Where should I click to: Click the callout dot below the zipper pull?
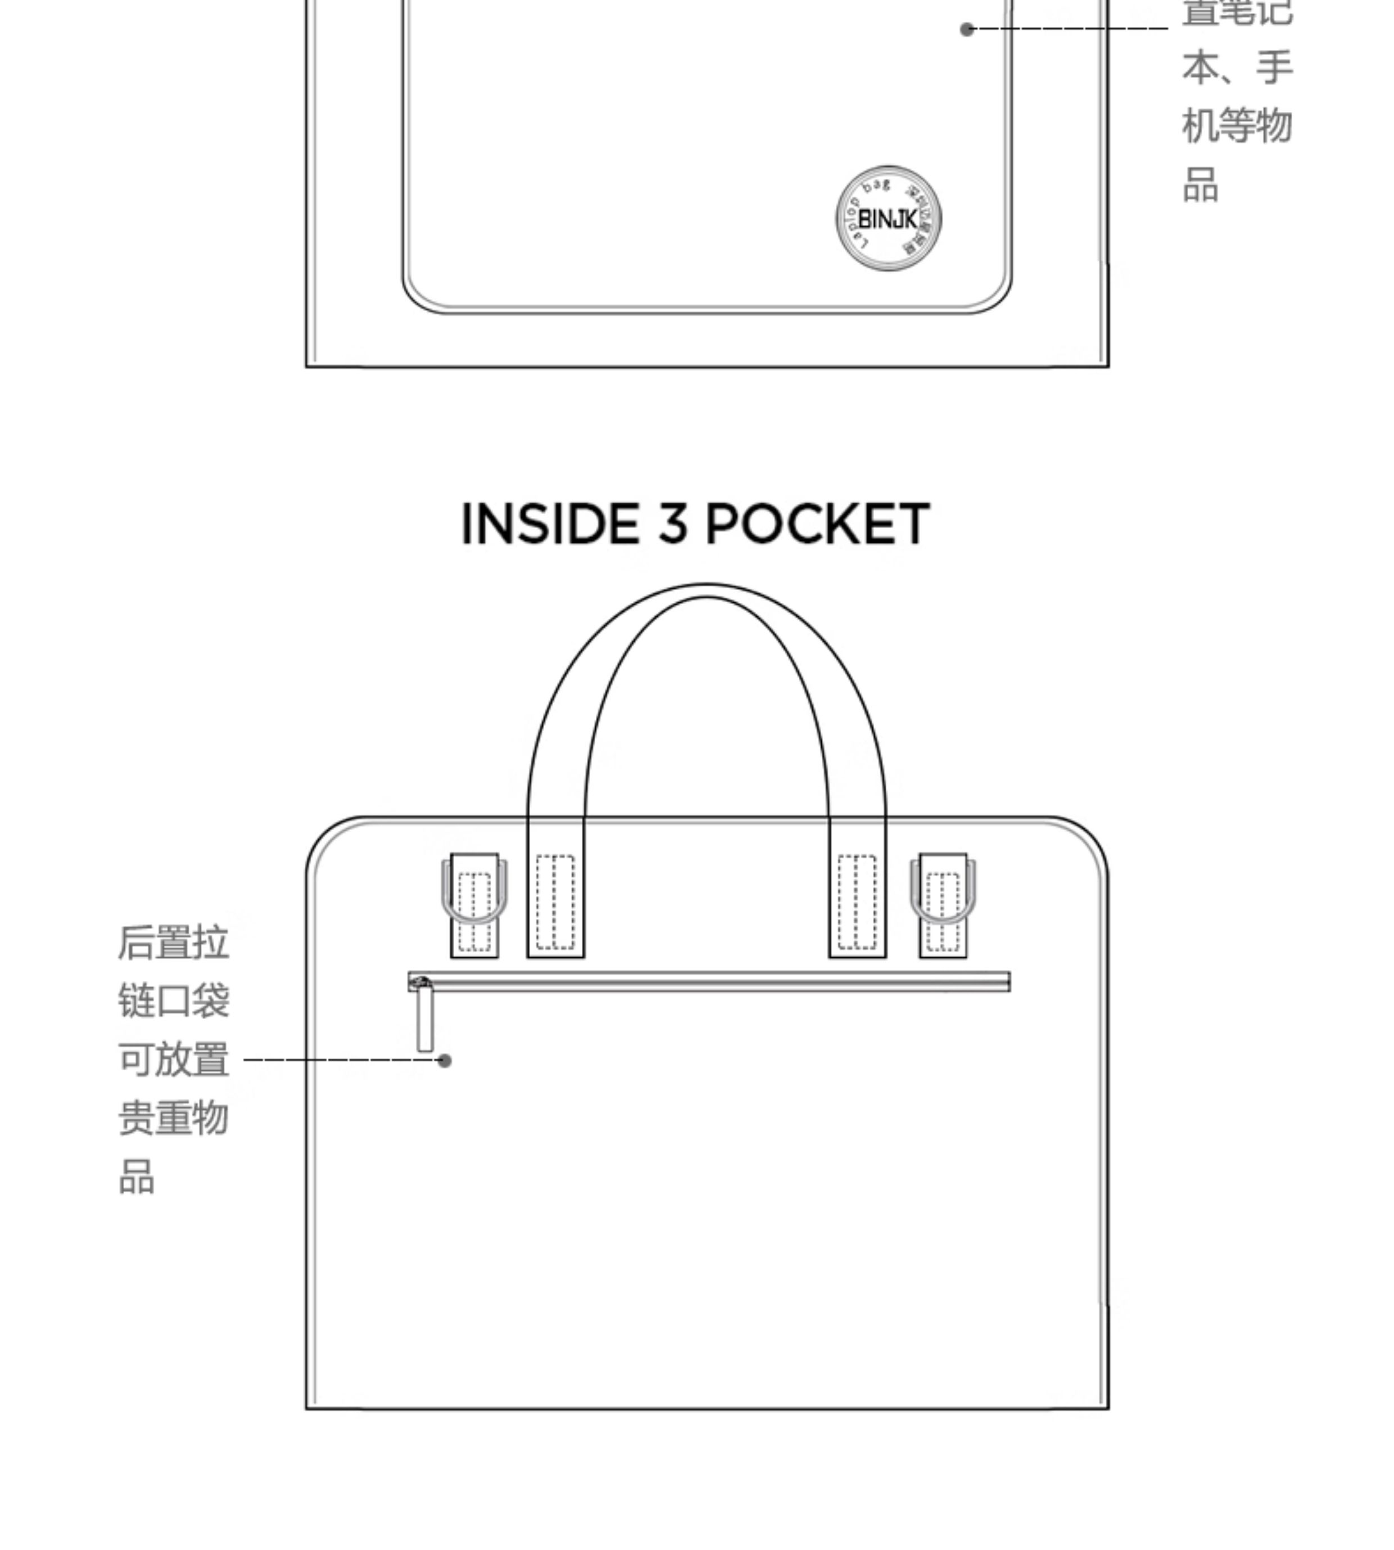pyautogui.click(x=444, y=1060)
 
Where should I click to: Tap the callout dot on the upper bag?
pyautogui.click(x=967, y=29)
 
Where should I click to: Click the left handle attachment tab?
pyautogui.click(x=555, y=904)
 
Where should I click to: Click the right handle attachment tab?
pyautogui.click(x=857, y=904)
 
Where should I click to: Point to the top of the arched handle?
pyautogui.click(x=706, y=591)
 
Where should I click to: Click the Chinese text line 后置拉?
pyautogui.click(x=173, y=943)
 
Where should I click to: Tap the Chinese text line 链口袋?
pyautogui.click(x=173, y=1001)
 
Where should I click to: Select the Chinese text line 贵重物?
pyautogui.click(x=173, y=1118)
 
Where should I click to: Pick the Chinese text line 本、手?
pyautogui.click(x=1237, y=67)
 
